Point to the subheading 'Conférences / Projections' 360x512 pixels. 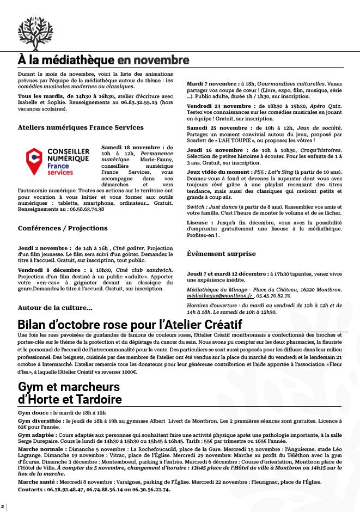(63, 228)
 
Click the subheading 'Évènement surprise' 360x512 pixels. (221, 254)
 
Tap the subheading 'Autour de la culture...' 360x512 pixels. (55, 308)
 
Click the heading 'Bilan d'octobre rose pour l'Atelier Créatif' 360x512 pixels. (145, 324)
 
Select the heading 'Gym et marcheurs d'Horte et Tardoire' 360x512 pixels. (70, 393)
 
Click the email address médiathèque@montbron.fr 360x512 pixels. (220, 296)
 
